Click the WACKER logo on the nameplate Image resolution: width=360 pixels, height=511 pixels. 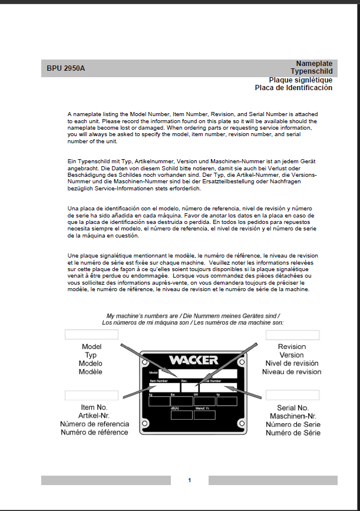[x=193, y=360]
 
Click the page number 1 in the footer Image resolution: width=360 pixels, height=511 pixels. [x=189, y=480]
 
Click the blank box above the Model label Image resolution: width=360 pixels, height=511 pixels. [x=91, y=335]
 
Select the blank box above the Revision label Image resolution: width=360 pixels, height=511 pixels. [x=292, y=335]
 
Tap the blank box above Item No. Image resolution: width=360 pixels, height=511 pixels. [x=91, y=395]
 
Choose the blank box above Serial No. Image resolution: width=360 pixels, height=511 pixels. [x=292, y=395]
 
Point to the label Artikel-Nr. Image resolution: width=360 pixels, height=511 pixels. [x=94, y=416]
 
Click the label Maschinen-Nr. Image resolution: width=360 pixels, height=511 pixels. [x=293, y=416]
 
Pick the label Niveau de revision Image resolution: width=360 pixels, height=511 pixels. [x=292, y=372]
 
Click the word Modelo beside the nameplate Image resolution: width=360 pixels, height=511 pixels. [x=90, y=364]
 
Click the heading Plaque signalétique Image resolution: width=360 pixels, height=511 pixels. [x=300, y=80]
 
